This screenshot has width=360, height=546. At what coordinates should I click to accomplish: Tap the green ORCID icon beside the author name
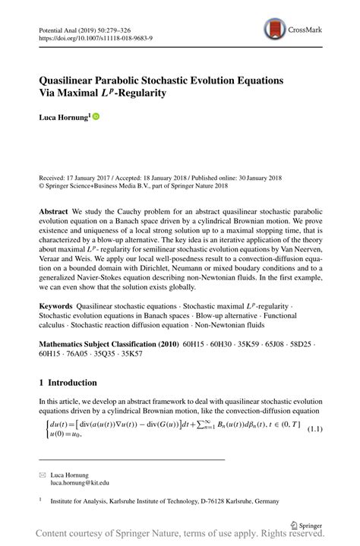[96, 117]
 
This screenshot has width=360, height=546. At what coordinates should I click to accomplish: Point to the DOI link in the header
[92, 36]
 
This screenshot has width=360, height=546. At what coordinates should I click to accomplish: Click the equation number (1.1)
[315, 430]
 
